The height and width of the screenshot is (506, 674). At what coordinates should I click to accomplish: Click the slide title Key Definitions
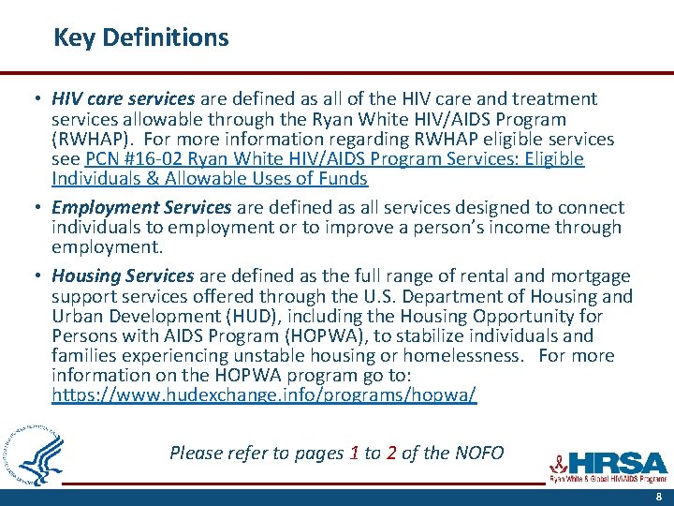[140, 37]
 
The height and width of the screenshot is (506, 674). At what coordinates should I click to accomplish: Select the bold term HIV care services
[123, 98]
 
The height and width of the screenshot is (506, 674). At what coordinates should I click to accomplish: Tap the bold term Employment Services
[140, 207]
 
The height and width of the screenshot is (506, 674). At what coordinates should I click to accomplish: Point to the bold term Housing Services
[123, 275]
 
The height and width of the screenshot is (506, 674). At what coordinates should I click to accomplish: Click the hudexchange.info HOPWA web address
[264, 395]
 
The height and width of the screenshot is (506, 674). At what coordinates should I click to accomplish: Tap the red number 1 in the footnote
[354, 454]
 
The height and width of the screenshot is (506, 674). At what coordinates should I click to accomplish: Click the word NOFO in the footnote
[478, 454]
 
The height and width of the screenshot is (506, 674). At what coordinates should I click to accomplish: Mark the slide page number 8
[658, 497]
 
